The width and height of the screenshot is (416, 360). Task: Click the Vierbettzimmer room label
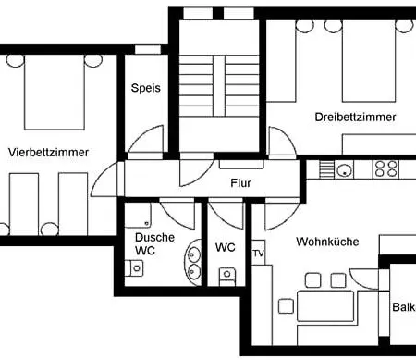pyautogui.click(x=48, y=152)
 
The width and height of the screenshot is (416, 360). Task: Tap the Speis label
pyautogui.click(x=146, y=88)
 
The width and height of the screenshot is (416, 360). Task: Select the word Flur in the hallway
pyautogui.click(x=240, y=183)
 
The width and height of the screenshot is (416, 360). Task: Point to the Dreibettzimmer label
pyautogui.click(x=355, y=117)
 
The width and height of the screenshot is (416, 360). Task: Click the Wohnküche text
pyautogui.click(x=327, y=242)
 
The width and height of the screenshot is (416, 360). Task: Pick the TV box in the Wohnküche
pyautogui.click(x=259, y=253)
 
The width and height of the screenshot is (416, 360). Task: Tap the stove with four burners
pyautogui.click(x=385, y=169)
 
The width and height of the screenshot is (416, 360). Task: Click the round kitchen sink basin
pyautogui.click(x=344, y=170)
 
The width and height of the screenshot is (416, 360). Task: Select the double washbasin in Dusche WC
pyautogui.click(x=193, y=262)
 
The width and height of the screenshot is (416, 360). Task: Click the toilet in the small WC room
pyautogui.click(x=226, y=276)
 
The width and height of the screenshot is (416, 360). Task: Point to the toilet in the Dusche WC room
pyautogui.click(x=134, y=268)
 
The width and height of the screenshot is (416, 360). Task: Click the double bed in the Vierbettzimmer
pyautogui.click(x=55, y=93)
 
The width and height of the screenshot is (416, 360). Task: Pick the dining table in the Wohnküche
pyautogui.click(x=325, y=306)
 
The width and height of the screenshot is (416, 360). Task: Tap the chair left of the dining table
pyautogui.click(x=286, y=306)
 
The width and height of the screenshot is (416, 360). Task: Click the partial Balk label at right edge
pyautogui.click(x=404, y=307)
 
